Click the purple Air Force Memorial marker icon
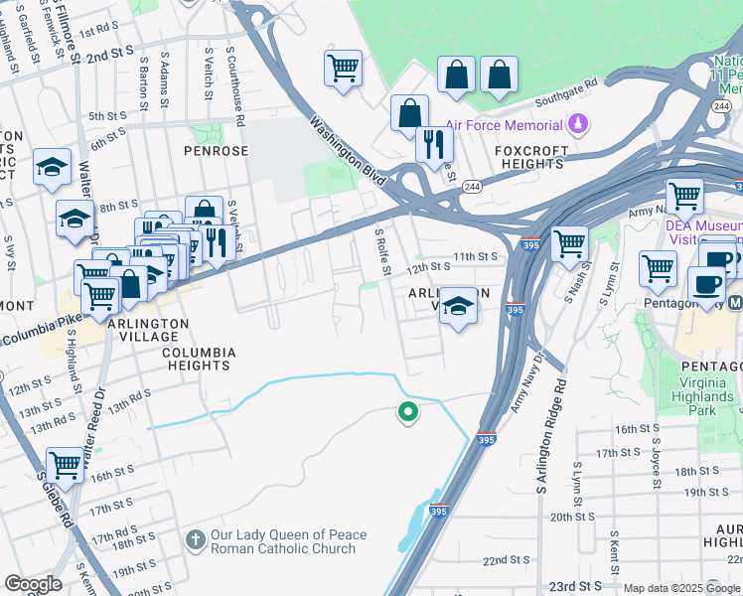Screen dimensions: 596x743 [578, 125]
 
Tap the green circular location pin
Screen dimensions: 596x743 [406, 412]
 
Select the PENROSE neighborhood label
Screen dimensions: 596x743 [216, 151]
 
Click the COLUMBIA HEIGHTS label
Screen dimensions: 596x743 [199, 359]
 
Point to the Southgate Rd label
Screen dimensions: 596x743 [565, 98]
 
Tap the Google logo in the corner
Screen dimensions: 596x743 [34, 584]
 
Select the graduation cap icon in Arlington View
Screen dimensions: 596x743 [458, 305]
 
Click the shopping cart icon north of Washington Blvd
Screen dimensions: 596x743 [342, 69]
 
